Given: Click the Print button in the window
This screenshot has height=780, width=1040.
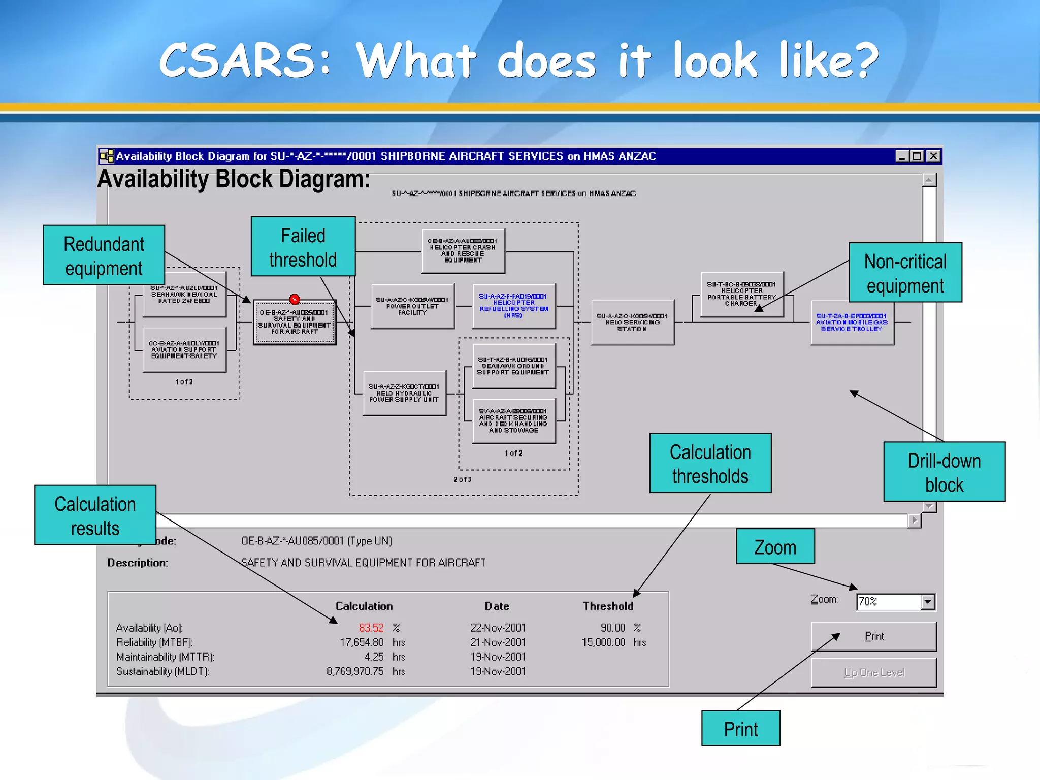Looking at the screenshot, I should tap(873, 636).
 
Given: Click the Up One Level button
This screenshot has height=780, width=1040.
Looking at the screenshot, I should tap(873, 673).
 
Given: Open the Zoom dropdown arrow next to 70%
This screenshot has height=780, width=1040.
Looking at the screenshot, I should tap(928, 602).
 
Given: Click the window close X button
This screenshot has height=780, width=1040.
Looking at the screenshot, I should tap(933, 156).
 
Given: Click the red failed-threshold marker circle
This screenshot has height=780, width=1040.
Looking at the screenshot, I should tap(295, 299).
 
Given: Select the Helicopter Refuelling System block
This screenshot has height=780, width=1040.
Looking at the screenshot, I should tap(513, 306).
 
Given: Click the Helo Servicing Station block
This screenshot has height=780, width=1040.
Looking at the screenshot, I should tap(632, 322).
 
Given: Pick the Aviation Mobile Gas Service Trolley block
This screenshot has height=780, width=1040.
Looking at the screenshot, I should tap(852, 323).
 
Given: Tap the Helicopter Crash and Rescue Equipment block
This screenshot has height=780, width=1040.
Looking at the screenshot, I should tap(463, 251).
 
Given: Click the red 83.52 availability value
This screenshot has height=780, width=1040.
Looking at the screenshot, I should tap(371, 628).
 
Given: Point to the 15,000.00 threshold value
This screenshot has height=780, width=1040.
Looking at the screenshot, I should tap(603, 642).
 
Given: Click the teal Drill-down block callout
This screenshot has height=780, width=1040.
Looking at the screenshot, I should tap(944, 472).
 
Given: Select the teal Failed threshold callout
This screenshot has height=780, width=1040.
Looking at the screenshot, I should tap(303, 247).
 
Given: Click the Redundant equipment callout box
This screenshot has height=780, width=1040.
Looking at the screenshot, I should tap(104, 255).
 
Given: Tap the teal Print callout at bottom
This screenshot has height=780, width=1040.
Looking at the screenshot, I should tap(740, 728).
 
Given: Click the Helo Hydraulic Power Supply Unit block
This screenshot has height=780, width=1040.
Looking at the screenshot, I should tap(404, 394).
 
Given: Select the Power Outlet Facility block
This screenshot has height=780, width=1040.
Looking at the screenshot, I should tap(412, 306).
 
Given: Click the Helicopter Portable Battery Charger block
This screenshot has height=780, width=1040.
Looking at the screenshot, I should tap(741, 295).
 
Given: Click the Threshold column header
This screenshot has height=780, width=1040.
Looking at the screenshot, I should tap(608, 606).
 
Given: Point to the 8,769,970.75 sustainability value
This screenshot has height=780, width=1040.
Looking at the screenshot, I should tap(355, 671).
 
